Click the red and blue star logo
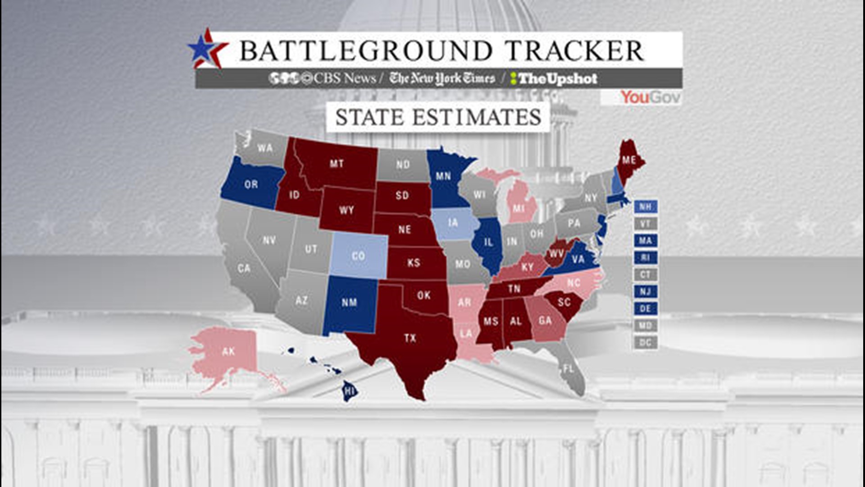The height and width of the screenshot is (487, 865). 206,49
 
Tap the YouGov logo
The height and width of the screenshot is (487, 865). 650,97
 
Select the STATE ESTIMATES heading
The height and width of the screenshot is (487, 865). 438,117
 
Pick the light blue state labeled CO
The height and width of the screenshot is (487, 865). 358,256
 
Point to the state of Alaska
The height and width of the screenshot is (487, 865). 228,351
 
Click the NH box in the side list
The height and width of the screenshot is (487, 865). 645,207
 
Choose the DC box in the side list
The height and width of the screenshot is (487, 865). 645,343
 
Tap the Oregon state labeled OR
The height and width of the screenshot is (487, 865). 251,184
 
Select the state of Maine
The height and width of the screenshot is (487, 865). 628,161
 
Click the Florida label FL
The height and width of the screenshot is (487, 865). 569,369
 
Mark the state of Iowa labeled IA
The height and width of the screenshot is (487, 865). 453,223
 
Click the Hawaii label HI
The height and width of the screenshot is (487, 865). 350,391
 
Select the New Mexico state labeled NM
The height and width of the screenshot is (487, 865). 349,303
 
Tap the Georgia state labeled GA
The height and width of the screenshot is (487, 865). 545,321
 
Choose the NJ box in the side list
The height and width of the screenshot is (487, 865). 645,292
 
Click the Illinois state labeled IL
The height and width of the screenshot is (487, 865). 488,243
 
